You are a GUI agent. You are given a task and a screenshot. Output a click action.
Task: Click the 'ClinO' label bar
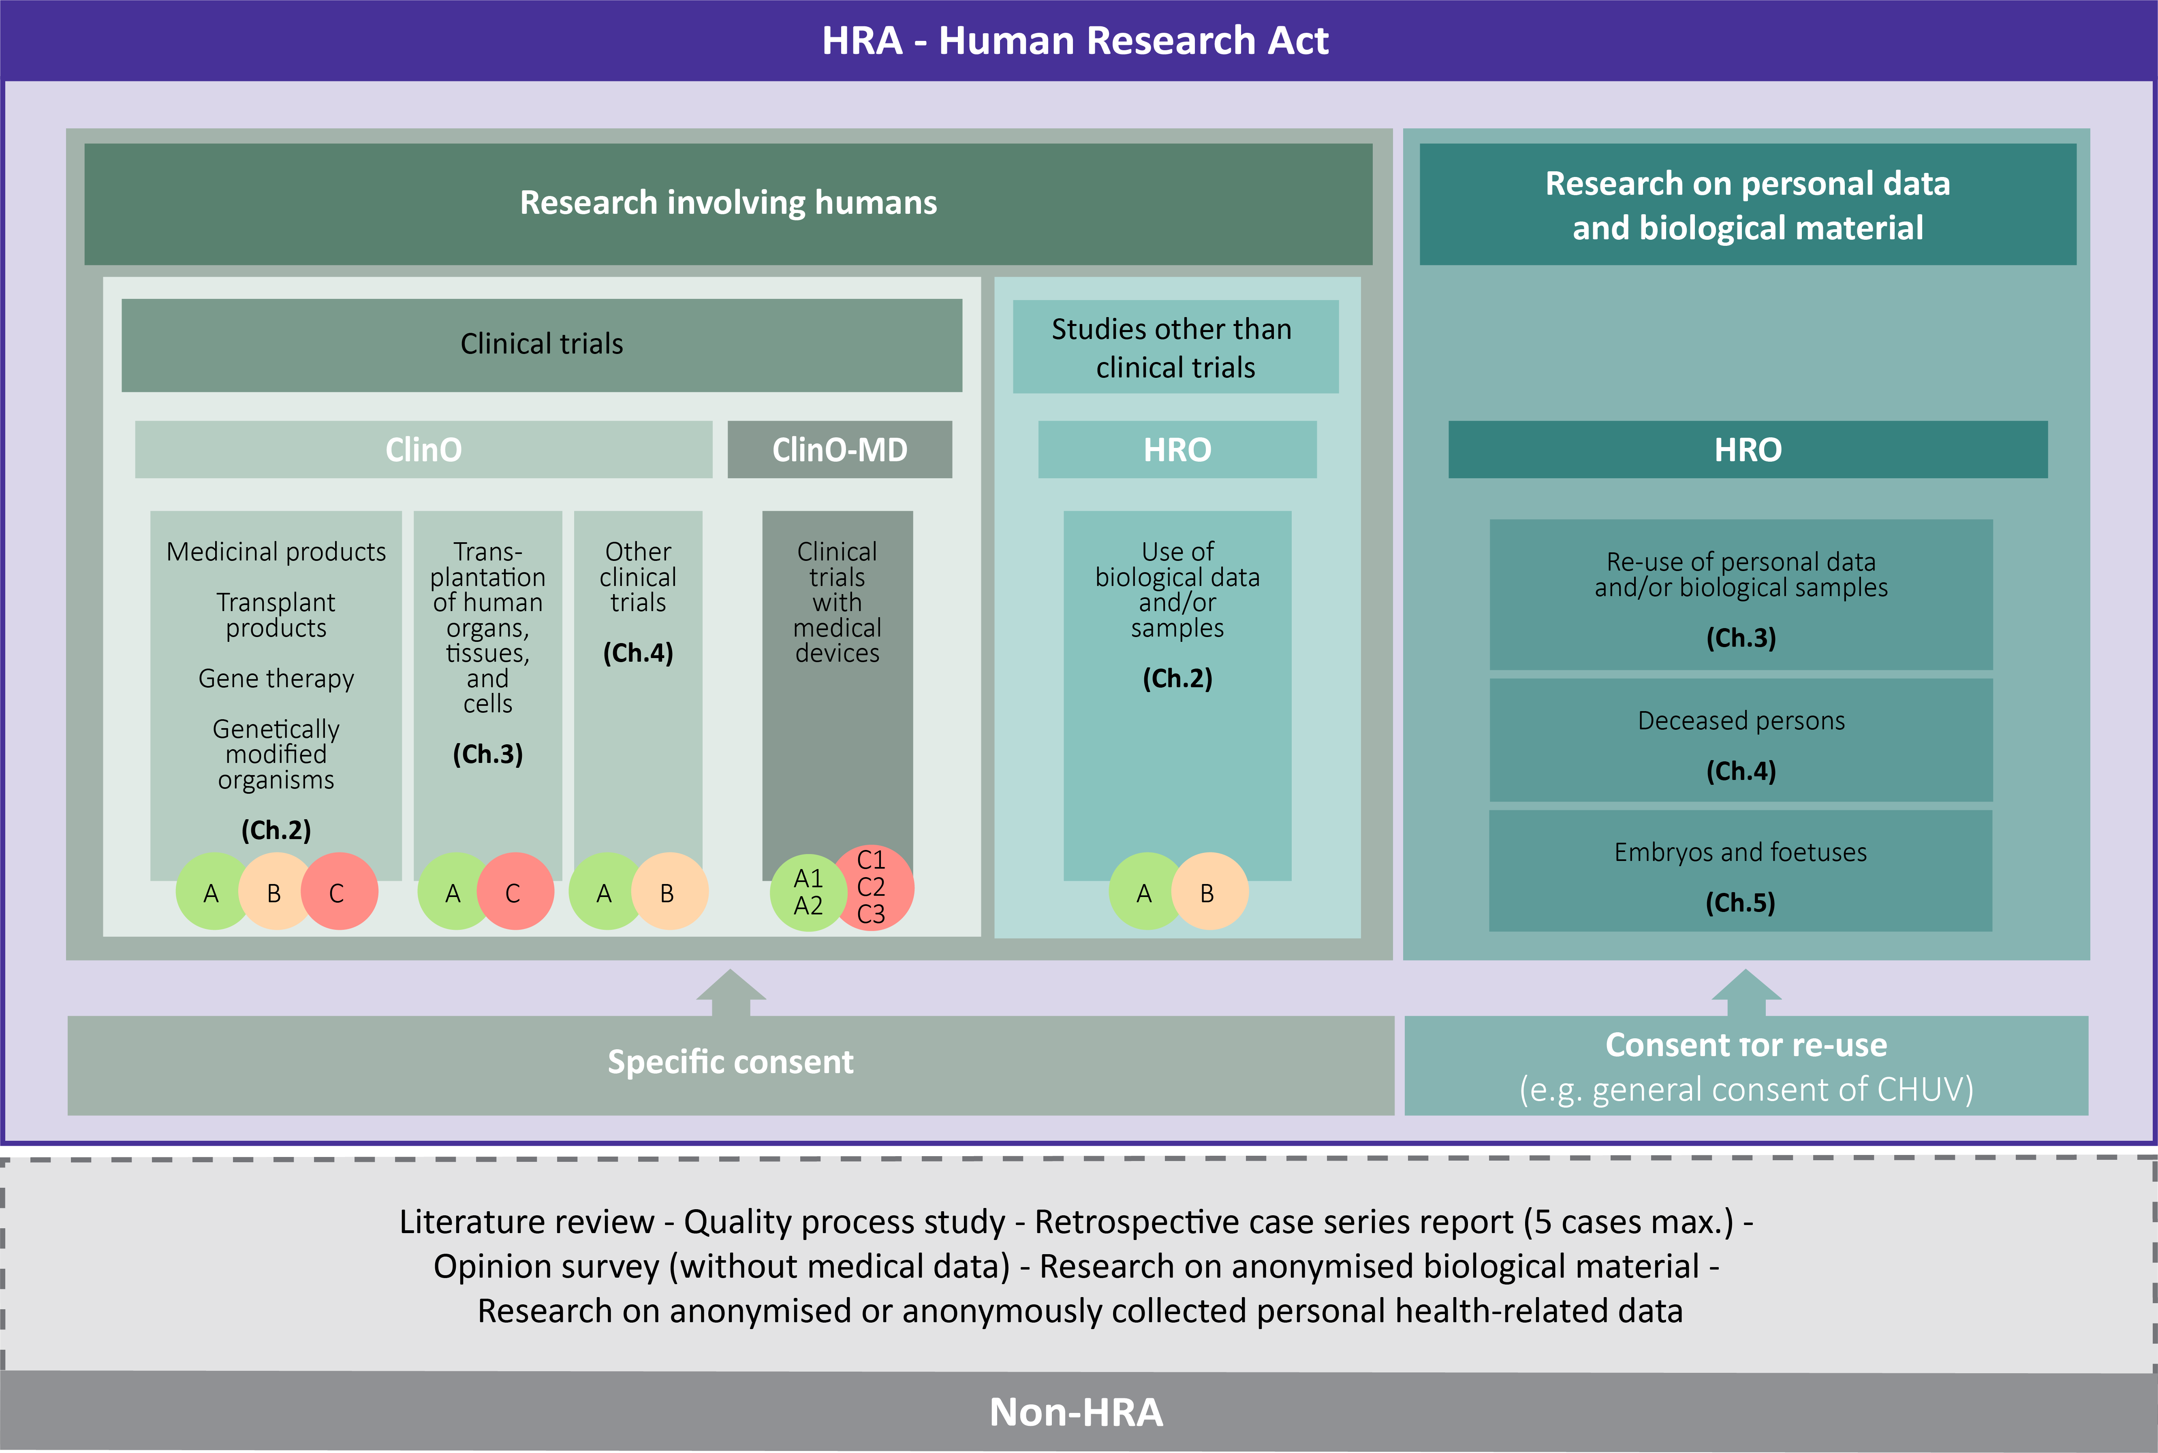click(x=424, y=450)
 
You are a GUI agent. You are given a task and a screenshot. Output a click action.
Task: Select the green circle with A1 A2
click(x=806, y=893)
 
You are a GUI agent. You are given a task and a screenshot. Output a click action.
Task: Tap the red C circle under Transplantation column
click(x=515, y=891)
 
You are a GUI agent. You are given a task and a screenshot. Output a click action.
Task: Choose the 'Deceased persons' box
click(x=1741, y=740)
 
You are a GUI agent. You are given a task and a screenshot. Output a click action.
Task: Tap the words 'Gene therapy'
click(x=276, y=678)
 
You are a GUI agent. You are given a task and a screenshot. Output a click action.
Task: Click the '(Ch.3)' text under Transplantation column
click(x=487, y=753)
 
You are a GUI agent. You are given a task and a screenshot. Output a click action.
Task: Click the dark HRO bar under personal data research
click(x=1748, y=450)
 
